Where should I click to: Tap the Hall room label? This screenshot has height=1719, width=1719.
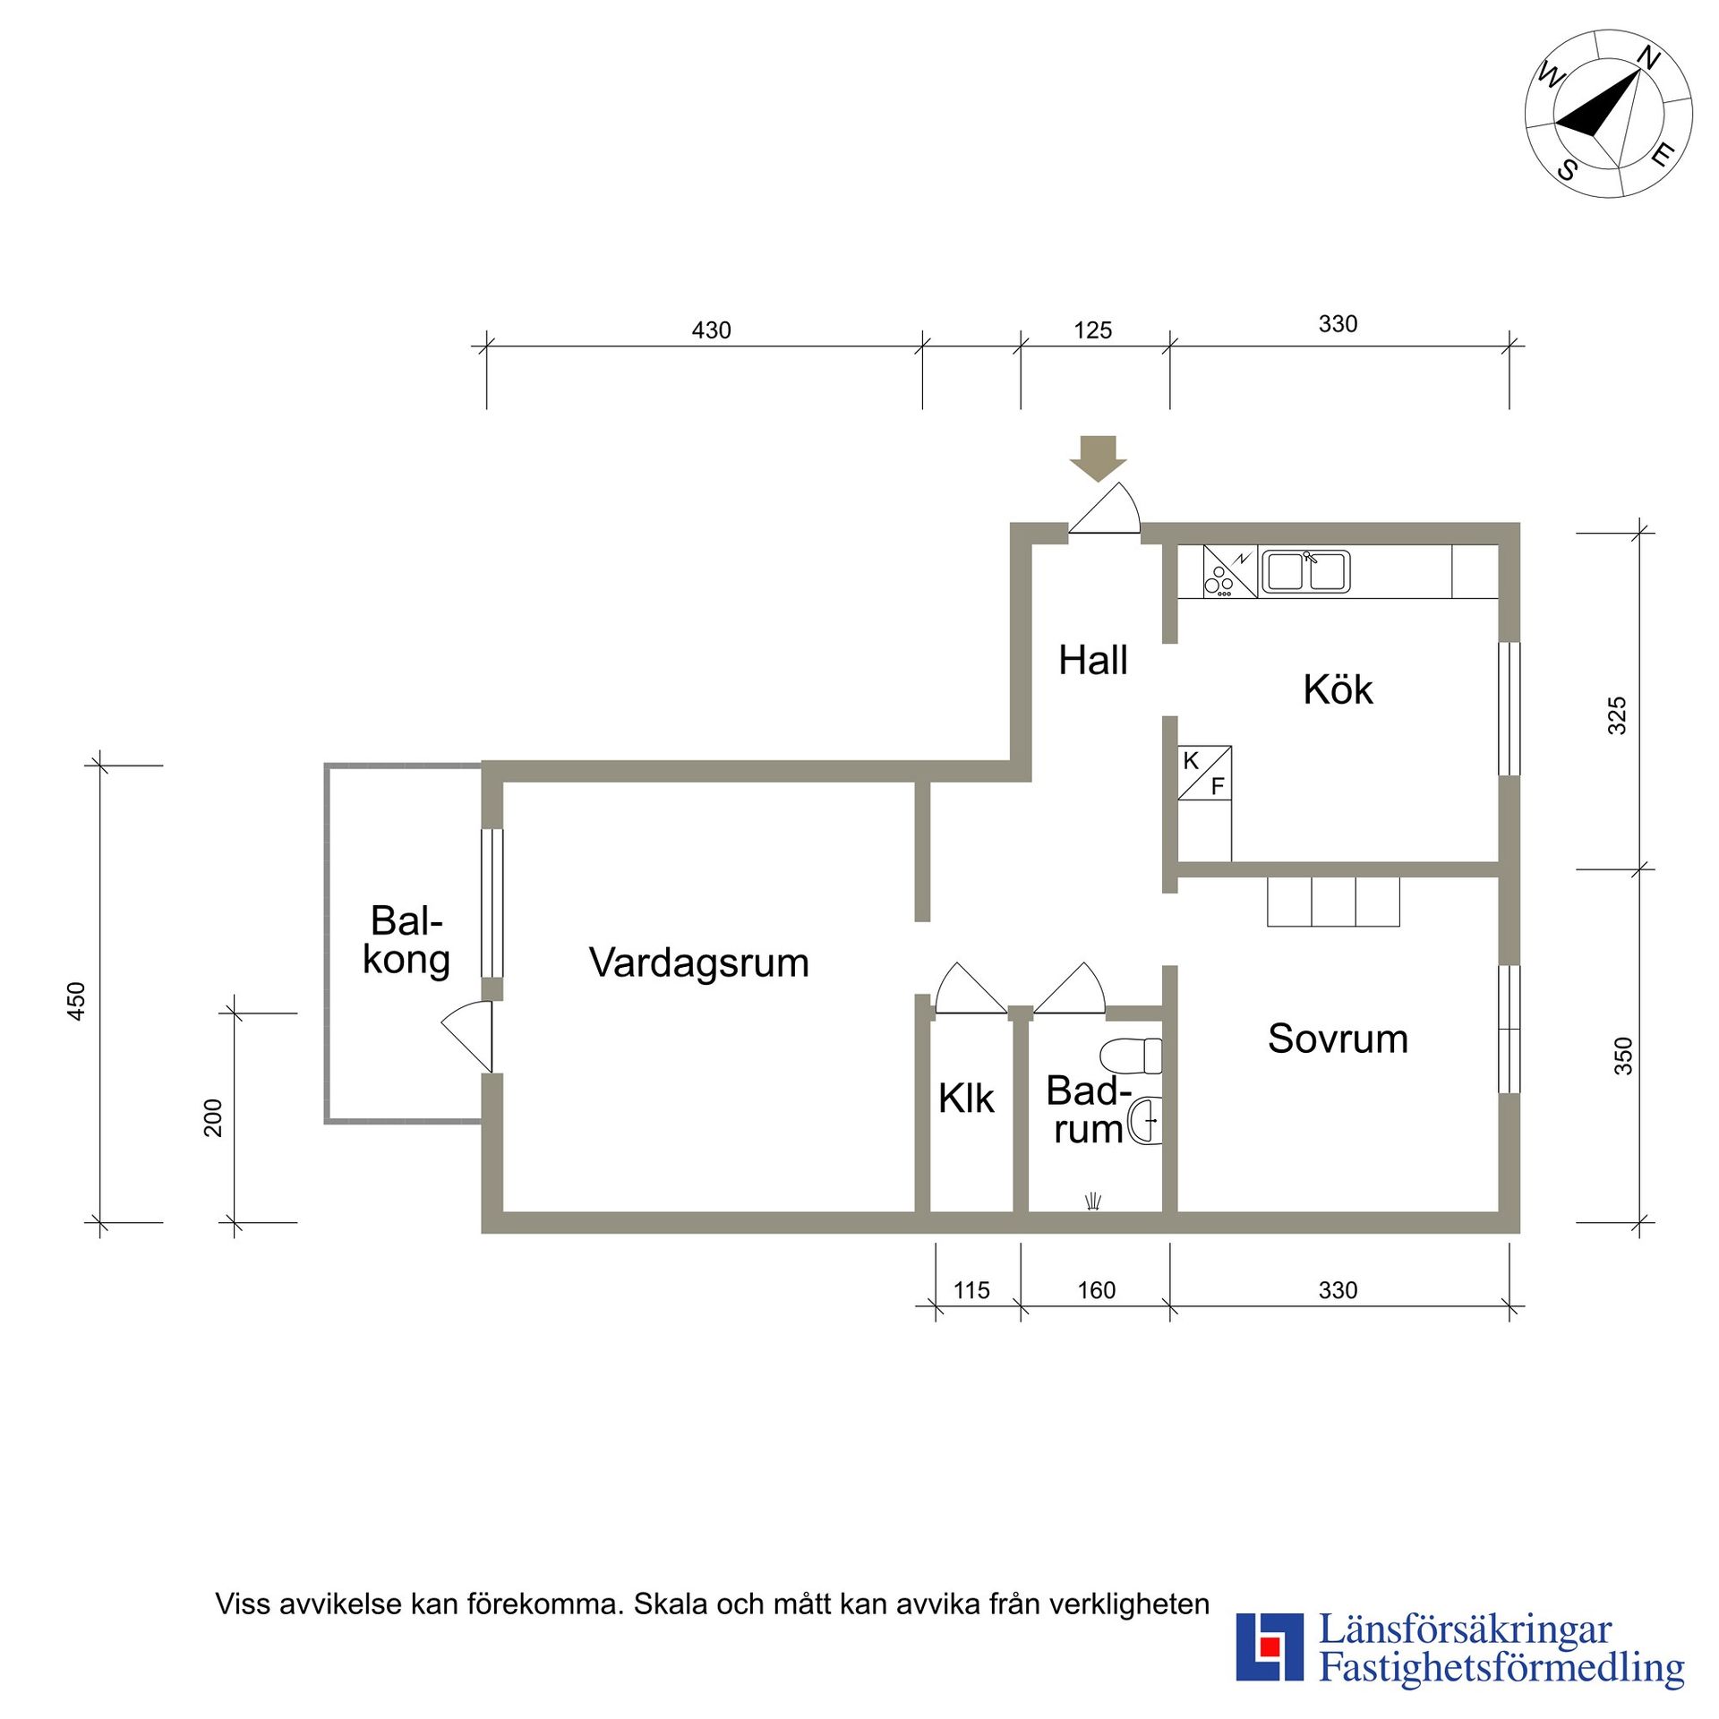[x=1092, y=661]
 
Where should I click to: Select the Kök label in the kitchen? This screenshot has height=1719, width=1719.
[x=1337, y=689]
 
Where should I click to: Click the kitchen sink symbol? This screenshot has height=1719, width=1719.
[x=1305, y=571]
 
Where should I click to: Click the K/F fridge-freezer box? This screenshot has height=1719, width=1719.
[x=1203, y=773]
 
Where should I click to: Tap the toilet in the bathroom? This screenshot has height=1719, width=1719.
[x=1132, y=1056]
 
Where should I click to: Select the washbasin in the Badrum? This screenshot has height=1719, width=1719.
[x=1145, y=1120]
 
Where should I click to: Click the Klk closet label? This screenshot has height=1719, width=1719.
[x=965, y=1099]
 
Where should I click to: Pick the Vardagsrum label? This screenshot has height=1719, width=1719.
[x=698, y=963]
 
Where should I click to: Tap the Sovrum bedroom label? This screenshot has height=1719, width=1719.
[x=1337, y=1039]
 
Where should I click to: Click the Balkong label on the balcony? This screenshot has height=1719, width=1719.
[x=406, y=940]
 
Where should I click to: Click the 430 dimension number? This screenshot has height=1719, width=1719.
[x=711, y=330]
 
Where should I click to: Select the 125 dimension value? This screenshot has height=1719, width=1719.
[x=1092, y=330]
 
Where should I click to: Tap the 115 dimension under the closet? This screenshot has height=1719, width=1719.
[x=971, y=1290]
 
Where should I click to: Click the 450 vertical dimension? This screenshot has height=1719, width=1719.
[x=77, y=1000]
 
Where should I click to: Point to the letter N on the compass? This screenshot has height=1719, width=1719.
[x=1648, y=59]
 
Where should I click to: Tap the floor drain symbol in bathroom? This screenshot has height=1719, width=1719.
[x=1092, y=1202]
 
